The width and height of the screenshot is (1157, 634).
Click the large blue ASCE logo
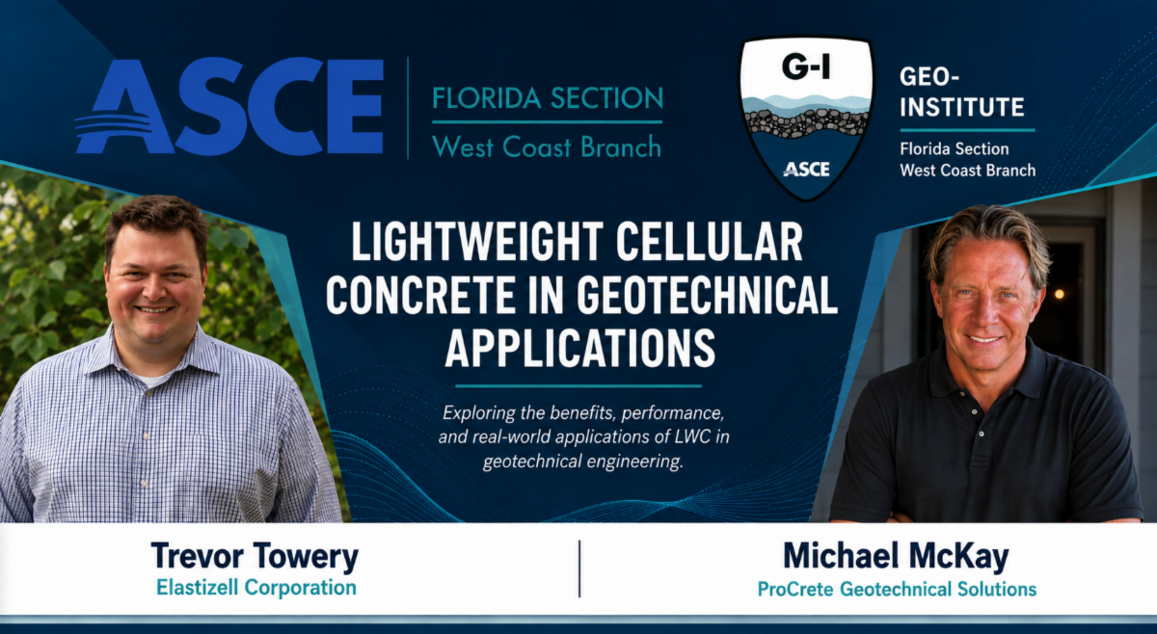click(229, 106)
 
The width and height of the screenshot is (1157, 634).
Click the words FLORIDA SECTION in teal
click(548, 98)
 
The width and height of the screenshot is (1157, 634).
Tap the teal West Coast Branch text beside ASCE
click(547, 147)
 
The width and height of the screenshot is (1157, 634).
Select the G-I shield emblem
click(807, 118)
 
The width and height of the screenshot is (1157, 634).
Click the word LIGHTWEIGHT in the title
click(477, 242)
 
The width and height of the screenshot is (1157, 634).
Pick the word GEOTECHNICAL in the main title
click(707, 295)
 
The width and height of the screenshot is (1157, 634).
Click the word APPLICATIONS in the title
click(580, 349)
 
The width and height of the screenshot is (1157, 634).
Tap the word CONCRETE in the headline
click(420, 295)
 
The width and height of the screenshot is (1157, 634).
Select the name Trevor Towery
click(255, 556)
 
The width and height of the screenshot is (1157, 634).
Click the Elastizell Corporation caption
click(256, 588)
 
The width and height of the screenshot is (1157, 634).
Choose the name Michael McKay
click(896, 556)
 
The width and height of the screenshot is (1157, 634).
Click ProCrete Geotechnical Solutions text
click(897, 589)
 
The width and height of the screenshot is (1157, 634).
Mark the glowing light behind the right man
click(1059, 294)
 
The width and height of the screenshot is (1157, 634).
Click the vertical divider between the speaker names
click(579, 568)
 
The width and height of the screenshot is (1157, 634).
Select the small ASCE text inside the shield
click(806, 170)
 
